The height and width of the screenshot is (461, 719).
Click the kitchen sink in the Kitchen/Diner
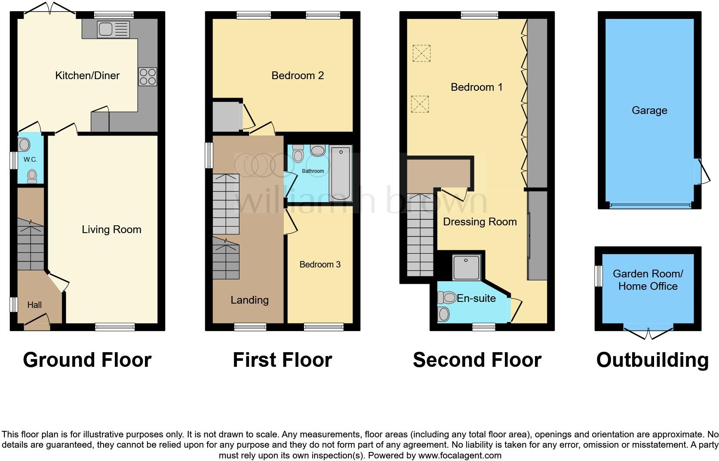(x=113, y=29)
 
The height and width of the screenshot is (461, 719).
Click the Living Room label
(x=111, y=230)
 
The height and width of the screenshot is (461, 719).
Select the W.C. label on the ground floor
(x=30, y=160)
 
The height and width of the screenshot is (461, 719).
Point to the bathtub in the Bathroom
(x=341, y=173)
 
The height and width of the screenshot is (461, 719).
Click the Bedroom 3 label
(x=320, y=264)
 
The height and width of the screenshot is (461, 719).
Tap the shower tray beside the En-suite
(x=466, y=267)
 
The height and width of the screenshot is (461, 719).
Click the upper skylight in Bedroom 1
(x=421, y=53)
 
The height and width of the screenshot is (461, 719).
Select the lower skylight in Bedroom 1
(x=420, y=104)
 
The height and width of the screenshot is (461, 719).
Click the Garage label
(x=649, y=111)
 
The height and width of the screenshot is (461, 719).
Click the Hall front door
(x=37, y=322)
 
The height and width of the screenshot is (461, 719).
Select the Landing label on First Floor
(x=249, y=300)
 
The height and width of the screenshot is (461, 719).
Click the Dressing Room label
(x=479, y=222)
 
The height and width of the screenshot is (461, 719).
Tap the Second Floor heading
(x=477, y=360)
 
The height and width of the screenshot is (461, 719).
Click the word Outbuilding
(x=652, y=360)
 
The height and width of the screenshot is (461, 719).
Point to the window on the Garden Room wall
(x=598, y=276)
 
